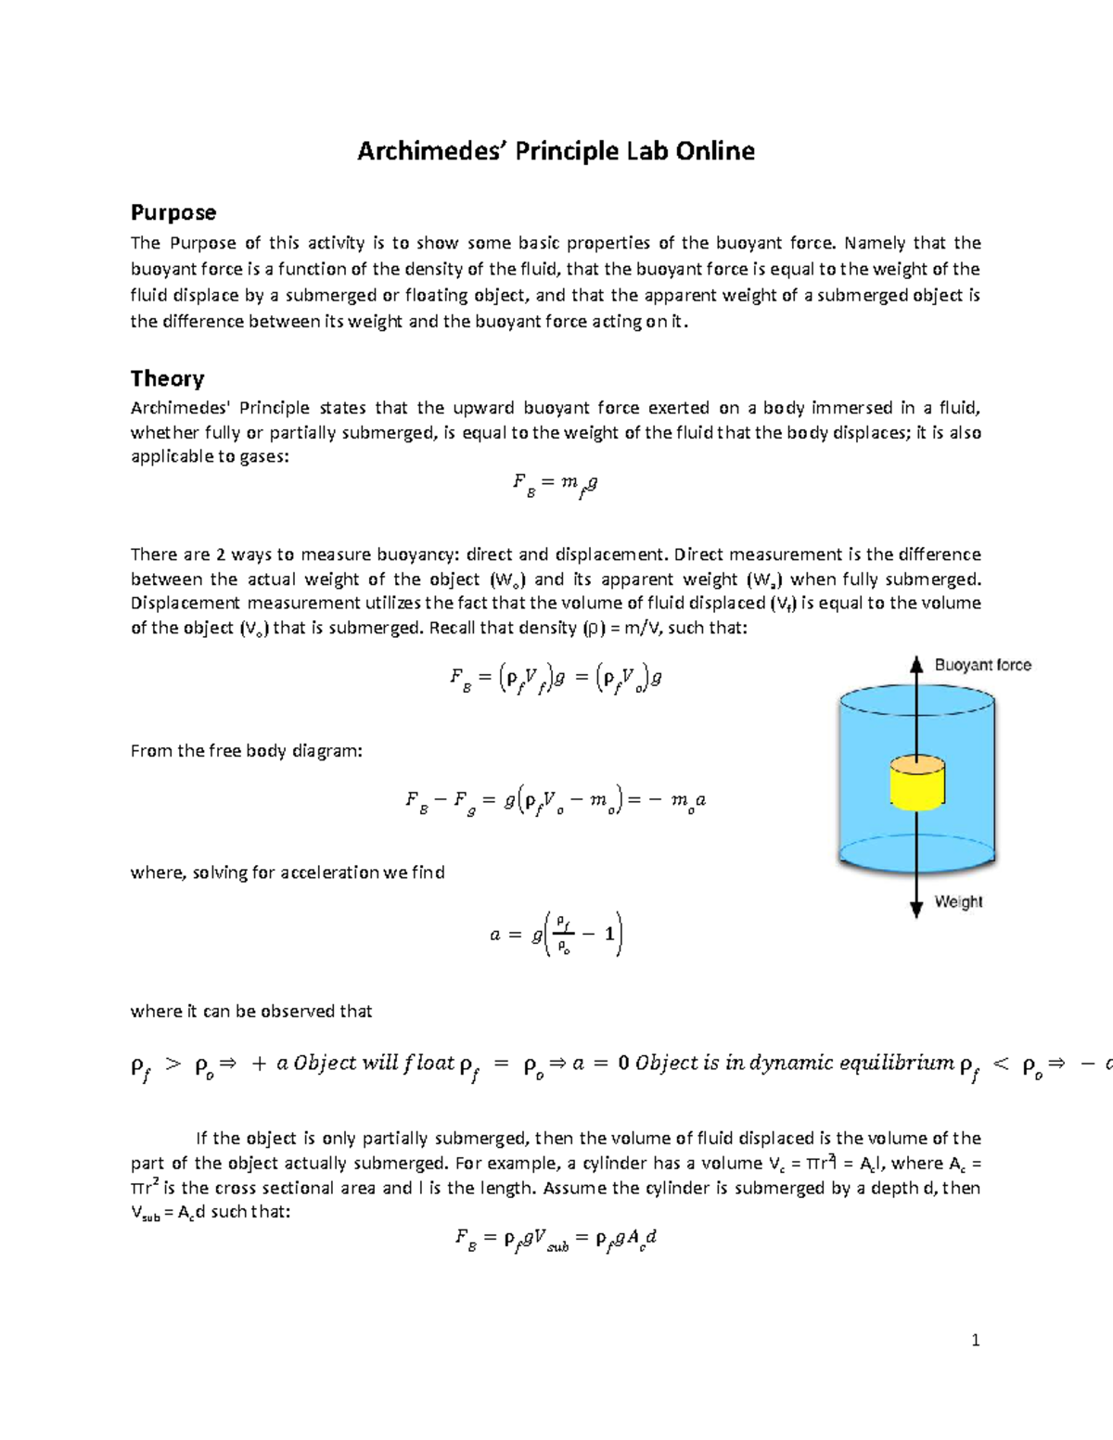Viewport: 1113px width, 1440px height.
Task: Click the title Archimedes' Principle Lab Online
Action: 556,151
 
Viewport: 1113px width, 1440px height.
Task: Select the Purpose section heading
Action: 173,212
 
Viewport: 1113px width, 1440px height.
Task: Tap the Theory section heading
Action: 167,378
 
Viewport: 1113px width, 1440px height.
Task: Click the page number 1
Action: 975,1339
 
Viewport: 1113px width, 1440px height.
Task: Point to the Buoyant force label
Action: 982,665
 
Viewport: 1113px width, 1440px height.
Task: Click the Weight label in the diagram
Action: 958,901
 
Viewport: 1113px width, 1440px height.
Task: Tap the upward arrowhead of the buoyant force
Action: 916,664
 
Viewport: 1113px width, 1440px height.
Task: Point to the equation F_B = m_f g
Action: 555,484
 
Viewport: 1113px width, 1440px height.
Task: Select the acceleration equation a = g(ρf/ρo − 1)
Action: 556,934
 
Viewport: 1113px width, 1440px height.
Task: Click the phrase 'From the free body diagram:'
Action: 246,751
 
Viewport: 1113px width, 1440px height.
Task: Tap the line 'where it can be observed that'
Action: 251,1012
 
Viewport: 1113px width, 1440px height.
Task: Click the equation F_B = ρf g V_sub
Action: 556,1240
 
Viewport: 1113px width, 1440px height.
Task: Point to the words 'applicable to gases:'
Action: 210,457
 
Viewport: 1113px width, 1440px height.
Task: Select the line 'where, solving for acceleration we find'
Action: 288,873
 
